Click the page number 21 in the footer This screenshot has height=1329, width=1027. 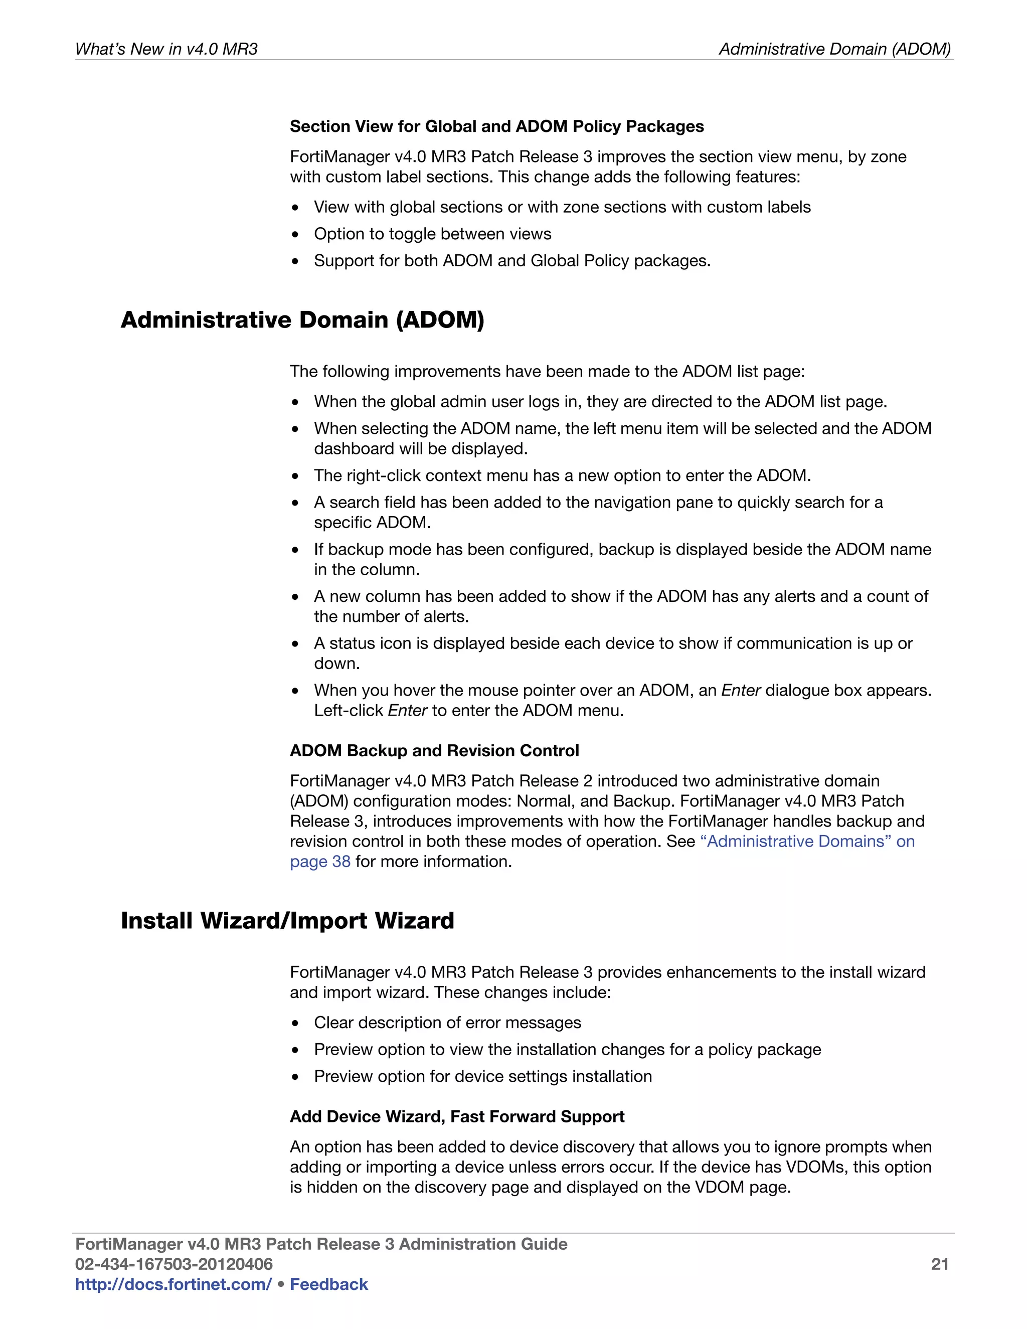pyautogui.click(x=939, y=1264)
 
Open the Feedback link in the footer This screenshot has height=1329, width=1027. pyautogui.click(x=328, y=1284)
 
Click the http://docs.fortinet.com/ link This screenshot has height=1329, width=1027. pyautogui.click(x=173, y=1284)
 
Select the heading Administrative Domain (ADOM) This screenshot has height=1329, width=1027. pyautogui.click(x=302, y=319)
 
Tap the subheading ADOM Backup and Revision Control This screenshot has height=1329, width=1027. pyautogui.click(x=434, y=750)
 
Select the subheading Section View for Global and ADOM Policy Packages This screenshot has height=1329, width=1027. pyautogui.click(x=496, y=126)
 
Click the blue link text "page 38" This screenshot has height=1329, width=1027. pyautogui.click(x=320, y=862)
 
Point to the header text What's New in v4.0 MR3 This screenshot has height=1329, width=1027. pyautogui.click(x=166, y=49)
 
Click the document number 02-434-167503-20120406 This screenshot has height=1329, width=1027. pyautogui.click(x=174, y=1264)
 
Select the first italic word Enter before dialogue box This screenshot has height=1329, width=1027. pyautogui.click(x=741, y=690)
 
